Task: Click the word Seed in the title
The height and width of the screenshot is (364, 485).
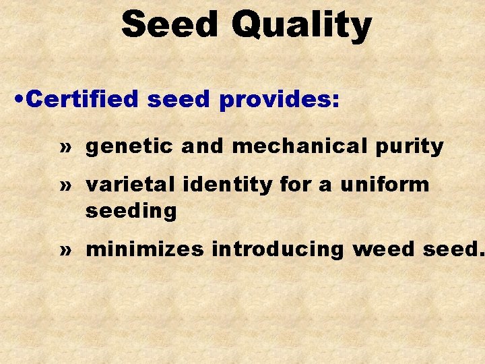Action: tap(171, 24)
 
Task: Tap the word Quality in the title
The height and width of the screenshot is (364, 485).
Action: tap(301, 26)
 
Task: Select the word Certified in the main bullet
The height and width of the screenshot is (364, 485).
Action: tap(84, 100)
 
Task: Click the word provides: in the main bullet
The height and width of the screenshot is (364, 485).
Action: tap(280, 100)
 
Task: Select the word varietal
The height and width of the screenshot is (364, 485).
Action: tap(125, 184)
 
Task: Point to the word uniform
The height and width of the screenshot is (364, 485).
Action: tap(385, 184)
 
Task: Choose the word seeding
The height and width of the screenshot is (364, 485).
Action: tap(131, 212)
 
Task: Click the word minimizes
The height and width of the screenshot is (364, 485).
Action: tap(145, 249)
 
